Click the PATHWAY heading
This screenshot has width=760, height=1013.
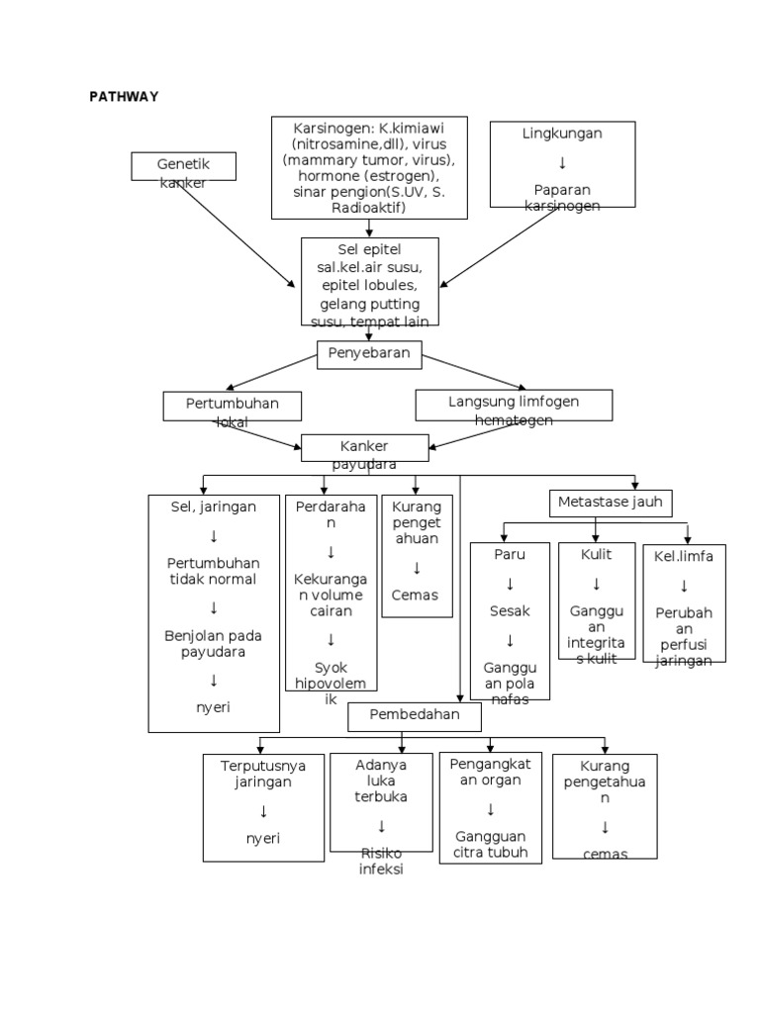(x=124, y=97)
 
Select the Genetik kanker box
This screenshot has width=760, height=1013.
(x=183, y=166)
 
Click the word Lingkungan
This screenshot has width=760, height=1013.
(x=562, y=133)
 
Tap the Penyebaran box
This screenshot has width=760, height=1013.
(x=369, y=354)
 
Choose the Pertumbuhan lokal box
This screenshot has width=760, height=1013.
(x=233, y=406)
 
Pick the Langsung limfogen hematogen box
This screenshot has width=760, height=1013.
(x=514, y=405)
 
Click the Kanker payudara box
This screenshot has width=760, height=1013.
(x=364, y=448)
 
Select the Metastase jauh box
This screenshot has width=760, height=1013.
(x=611, y=503)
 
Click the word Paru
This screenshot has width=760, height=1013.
(x=510, y=554)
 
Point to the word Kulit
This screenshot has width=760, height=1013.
(x=596, y=554)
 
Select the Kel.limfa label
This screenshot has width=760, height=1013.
(x=684, y=556)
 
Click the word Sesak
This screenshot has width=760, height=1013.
(x=510, y=611)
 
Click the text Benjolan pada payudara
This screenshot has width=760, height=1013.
(x=213, y=644)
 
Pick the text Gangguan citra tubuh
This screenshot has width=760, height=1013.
(x=490, y=844)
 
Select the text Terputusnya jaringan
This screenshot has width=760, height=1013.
(x=263, y=774)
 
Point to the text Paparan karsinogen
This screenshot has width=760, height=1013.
(x=562, y=197)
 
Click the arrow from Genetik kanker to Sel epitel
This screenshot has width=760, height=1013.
(x=237, y=233)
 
